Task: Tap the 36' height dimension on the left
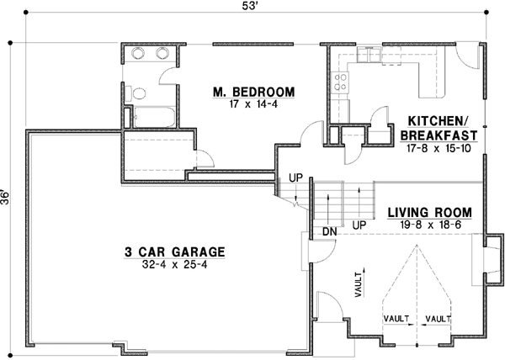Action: point(8,196)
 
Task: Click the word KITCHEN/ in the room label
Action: point(438,120)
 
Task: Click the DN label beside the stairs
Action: point(329,231)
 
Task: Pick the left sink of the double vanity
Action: point(139,54)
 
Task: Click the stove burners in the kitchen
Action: point(342,81)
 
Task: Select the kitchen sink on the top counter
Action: point(369,55)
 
